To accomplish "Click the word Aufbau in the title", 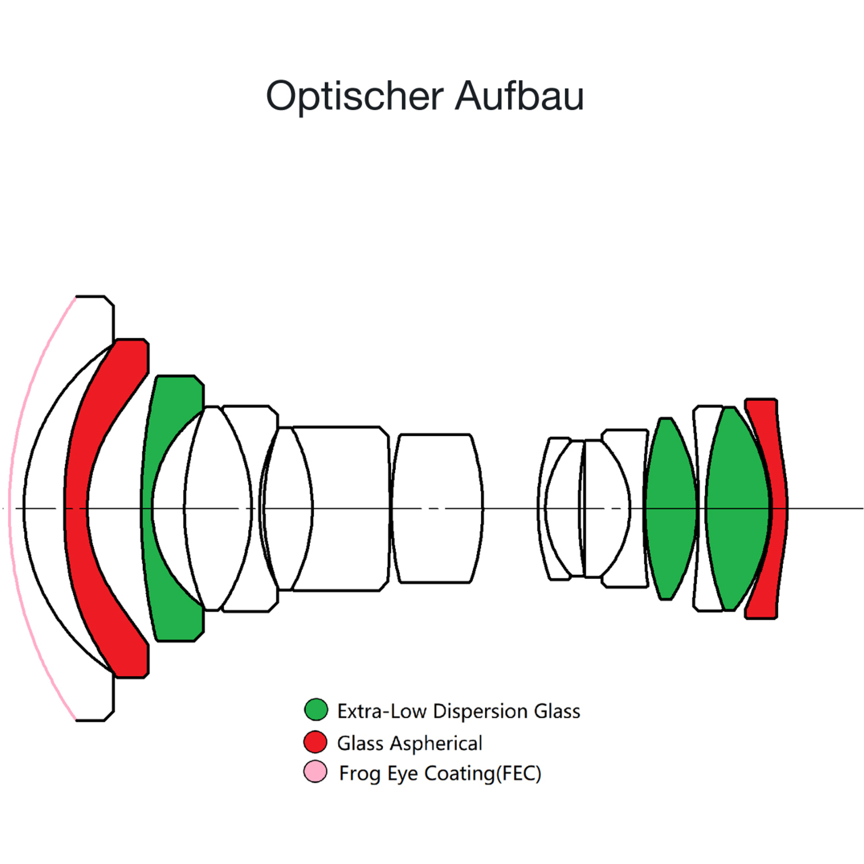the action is [x=520, y=95].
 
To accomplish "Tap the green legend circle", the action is [x=316, y=710].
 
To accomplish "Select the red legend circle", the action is [x=316, y=742].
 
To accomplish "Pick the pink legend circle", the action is [x=316, y=771].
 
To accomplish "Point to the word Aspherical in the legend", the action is [x=436, y=744].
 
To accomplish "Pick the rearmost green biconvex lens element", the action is [x=737, y=509].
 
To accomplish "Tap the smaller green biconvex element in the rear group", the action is [x=670, y=509].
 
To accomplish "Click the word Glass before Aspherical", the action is [x=361, y=744].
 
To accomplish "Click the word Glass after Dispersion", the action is [x=557, y=711].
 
